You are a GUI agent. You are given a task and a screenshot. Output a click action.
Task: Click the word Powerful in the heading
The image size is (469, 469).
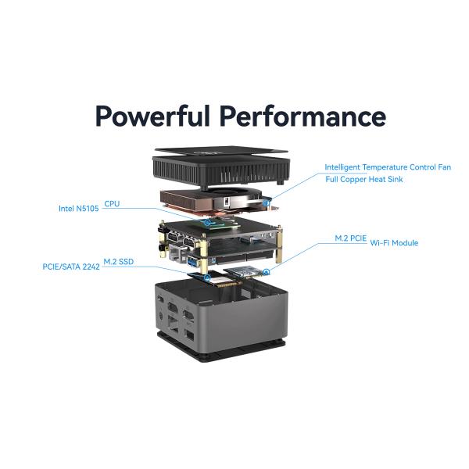152,116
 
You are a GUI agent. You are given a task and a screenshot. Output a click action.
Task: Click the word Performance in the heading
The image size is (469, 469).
303,116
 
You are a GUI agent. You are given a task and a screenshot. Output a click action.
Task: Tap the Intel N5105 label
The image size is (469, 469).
79,209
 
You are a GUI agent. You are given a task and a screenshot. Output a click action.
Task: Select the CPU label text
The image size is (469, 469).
112,204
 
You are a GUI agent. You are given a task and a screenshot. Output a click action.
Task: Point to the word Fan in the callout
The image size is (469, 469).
444,167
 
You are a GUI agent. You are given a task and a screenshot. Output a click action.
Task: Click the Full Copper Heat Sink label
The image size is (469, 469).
364,179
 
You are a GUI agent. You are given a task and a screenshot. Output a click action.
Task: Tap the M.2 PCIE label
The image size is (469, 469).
350,238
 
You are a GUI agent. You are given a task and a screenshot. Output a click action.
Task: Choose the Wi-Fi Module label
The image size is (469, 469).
394,242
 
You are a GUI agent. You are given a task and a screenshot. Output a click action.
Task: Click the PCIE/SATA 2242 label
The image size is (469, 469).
71,267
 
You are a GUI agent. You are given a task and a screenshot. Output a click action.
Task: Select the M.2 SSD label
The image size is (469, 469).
119,262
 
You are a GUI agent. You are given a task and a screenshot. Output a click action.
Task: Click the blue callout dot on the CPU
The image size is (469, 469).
207,223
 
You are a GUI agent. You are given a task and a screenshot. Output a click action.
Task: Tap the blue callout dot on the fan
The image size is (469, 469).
266,202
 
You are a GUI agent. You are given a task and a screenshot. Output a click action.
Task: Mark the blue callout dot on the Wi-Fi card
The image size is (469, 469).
267,272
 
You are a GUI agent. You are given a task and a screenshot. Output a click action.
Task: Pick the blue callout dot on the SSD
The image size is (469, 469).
207,278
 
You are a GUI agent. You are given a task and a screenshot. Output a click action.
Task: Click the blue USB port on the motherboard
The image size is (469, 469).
192,262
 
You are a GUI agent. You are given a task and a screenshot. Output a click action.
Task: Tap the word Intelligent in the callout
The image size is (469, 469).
342,167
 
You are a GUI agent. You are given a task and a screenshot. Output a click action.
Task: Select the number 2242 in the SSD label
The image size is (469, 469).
91,267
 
